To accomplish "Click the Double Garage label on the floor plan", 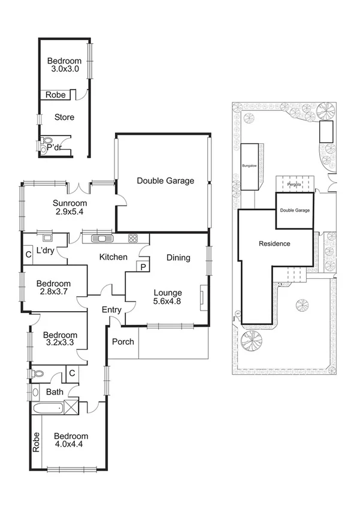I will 165,180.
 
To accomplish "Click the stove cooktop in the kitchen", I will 134,238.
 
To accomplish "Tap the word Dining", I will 178,258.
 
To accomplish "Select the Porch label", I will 123,342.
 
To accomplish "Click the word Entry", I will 111,310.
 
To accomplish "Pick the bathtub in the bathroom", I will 47,409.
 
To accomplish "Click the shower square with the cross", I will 71,408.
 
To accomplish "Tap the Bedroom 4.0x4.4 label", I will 71,441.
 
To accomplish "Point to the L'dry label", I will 46,251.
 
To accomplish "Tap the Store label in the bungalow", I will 64,118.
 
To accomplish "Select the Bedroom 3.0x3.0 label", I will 64,65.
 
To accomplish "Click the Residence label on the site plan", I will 274,243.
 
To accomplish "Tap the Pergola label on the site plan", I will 294,185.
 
